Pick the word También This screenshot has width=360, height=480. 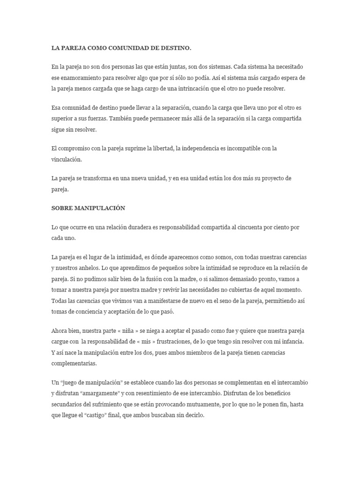click(x=122, y=118)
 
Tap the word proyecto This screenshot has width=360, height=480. click(x=275, y=179)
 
